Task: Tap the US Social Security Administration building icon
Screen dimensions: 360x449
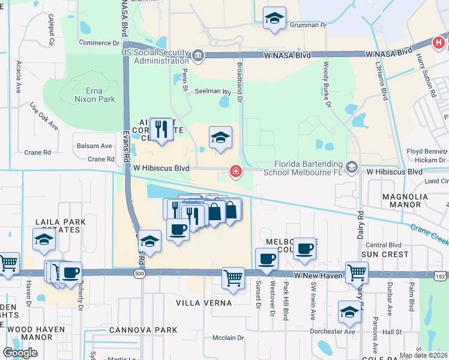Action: pyautogui.click(x=198, y=56)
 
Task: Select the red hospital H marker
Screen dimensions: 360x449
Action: pyautogui.click(x=439, y=43)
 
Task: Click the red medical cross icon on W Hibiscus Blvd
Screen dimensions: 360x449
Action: pyautogui.click(x=236, y=173)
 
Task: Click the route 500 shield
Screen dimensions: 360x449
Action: pyautogui.click(x=140, y=274)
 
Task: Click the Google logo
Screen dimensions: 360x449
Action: pyautogui.click(x=20, y=352)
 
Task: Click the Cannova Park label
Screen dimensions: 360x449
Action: pyautogui.click(x=143, y=330)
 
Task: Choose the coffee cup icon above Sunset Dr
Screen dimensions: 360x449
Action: pyautogui.click(x=267, y=259)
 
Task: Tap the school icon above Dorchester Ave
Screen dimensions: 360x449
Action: pyautogui.click(x=349, y=311)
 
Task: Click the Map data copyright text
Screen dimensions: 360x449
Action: pyautogui.click(x=423, y=355)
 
